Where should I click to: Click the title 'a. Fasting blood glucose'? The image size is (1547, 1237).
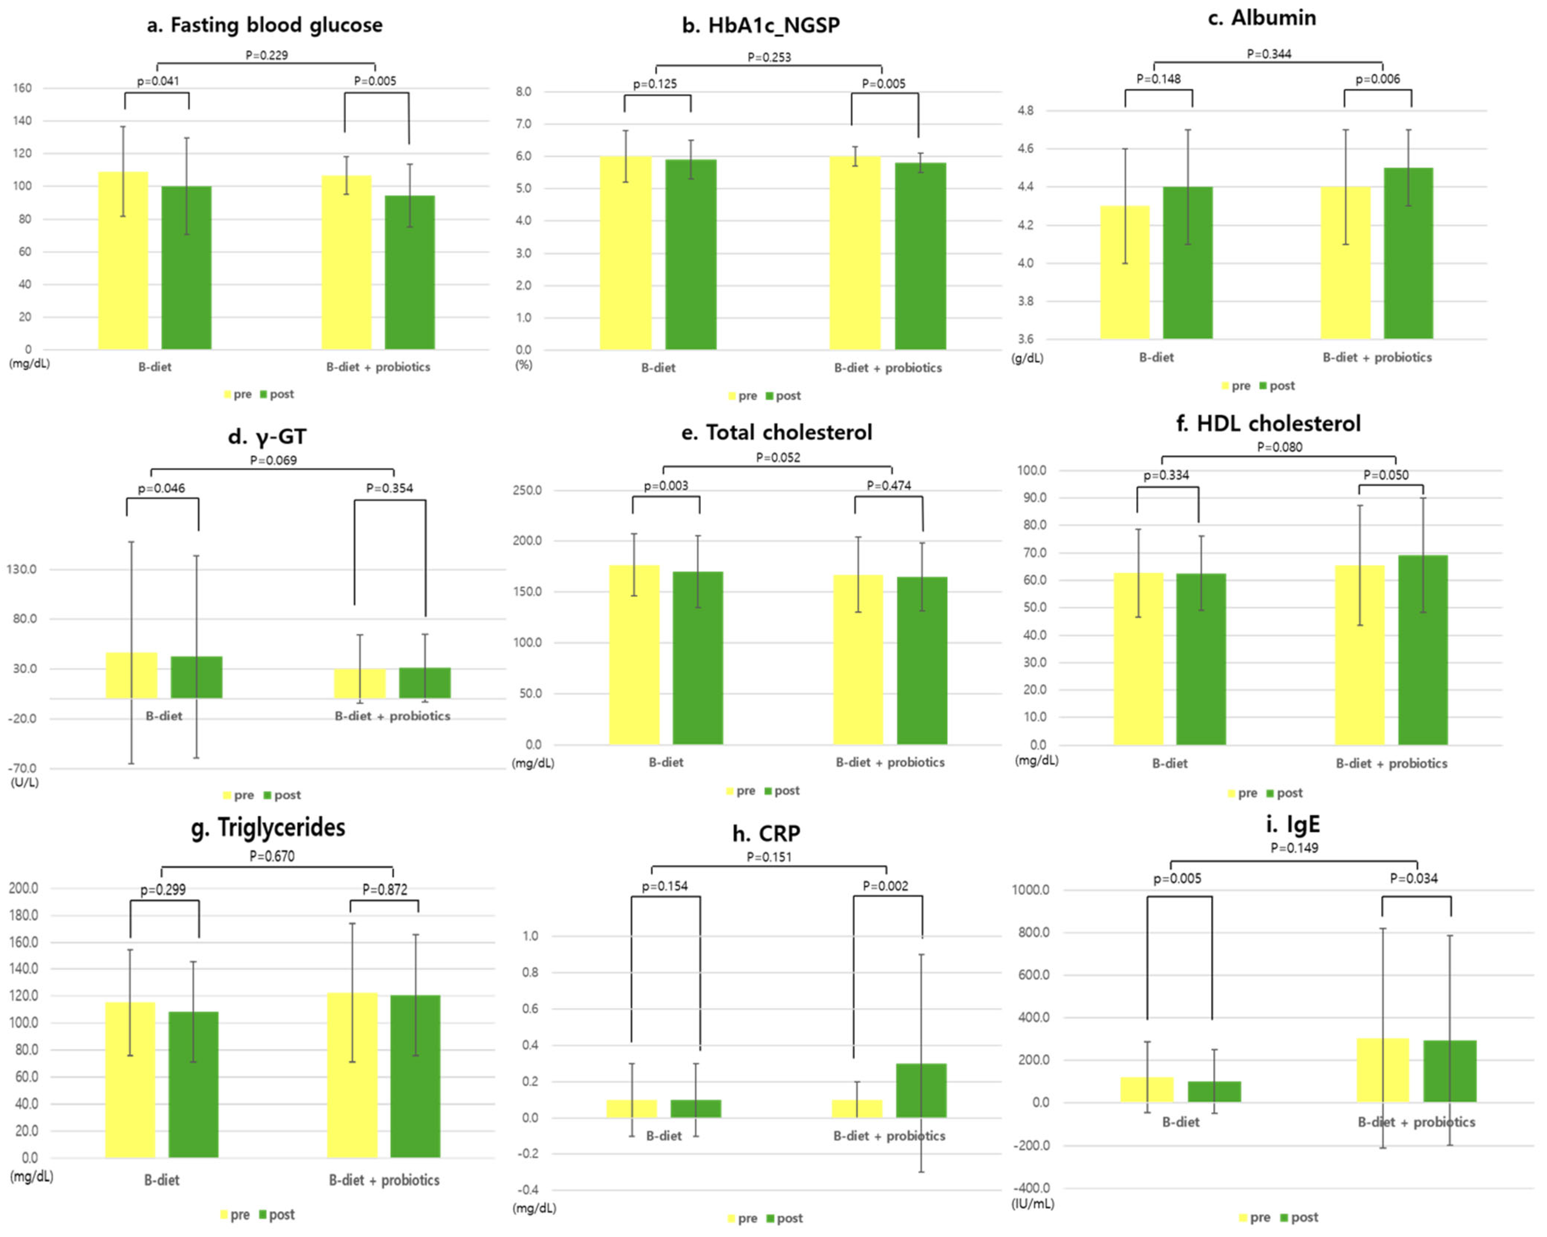click(265, 25)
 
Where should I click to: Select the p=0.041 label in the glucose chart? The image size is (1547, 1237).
click(158, 81)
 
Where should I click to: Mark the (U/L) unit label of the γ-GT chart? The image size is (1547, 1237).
click(24, 782)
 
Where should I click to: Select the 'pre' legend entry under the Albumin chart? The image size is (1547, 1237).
click(1236, 386)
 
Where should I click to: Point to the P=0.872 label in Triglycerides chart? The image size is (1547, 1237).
click(384, 890)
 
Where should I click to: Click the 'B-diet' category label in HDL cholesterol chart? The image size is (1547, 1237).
click(1170, 764)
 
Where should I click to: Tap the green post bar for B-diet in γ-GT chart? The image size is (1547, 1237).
click(196, 677)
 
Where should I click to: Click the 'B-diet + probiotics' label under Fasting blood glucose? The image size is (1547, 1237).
click(378, 367)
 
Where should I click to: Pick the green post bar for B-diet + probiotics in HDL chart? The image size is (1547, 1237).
click(1422, 649)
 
